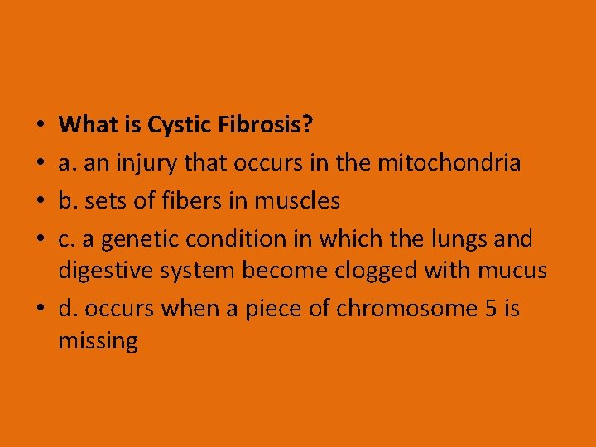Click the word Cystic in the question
(x=180, y=125)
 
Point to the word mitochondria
(x=449, y=163)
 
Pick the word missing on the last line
(x=98, y=340)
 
